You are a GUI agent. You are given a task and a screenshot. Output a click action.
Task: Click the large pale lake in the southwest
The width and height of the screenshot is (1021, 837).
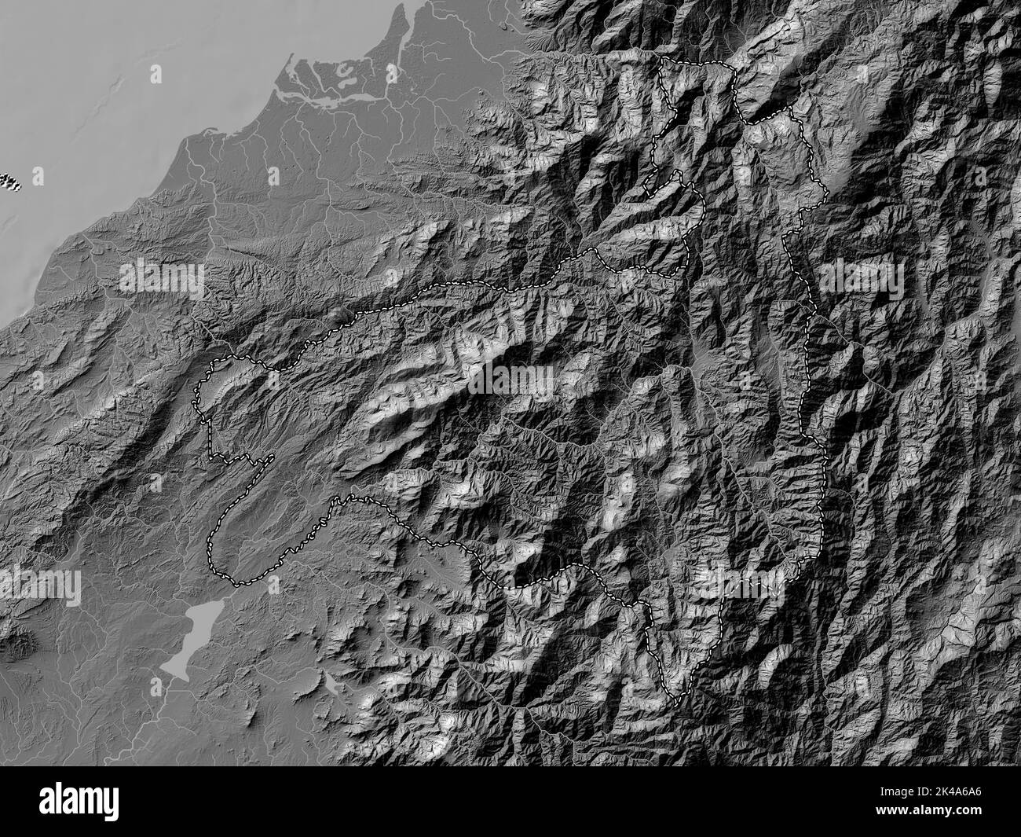click(x=188, y=637)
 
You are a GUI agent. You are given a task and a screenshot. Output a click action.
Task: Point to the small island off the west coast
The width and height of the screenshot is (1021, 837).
click(x=9, y=182)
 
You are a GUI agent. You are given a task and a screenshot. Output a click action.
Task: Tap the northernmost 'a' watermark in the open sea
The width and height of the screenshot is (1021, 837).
click(x=156, y=73)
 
